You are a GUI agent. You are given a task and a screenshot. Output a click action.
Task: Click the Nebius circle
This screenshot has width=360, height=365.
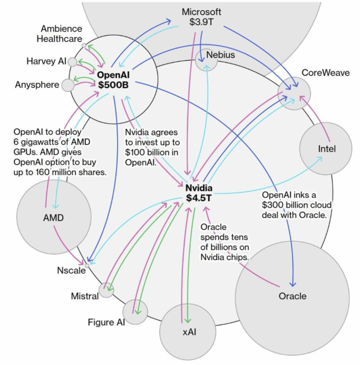click(x=206, y=60)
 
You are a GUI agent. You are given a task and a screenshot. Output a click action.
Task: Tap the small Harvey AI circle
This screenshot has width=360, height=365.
click(x=72, y=62)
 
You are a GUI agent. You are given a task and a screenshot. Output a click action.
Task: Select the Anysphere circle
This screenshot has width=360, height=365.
click(x=68, y=85)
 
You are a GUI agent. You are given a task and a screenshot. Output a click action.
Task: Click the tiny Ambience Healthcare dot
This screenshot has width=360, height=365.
click(x=84, y=45)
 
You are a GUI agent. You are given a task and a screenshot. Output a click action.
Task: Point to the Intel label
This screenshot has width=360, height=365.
click(x=326, y=149)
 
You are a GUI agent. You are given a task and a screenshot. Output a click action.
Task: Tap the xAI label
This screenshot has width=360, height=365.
click(x=189, y=332)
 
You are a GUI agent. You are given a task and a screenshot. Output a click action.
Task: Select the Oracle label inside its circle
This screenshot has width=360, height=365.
click(x=292, y=296)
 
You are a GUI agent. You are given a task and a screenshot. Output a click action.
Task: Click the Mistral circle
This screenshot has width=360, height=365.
click(x=106, y=290)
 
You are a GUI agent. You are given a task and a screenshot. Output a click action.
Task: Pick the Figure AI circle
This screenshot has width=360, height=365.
click(x=135, y=312)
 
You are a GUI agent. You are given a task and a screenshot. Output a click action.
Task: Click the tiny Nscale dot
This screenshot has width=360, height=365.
click(x=87, y=265)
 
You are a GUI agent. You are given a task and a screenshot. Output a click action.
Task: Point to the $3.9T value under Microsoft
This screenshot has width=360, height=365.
click(x=201, y=21)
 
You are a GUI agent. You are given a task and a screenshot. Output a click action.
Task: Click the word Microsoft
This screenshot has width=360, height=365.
click(x=201, y=12)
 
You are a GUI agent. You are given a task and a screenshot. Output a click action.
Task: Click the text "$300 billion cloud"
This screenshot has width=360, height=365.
click(x=297, y=205)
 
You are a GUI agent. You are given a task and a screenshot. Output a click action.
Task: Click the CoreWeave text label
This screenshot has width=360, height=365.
click(x=325, y=73)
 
